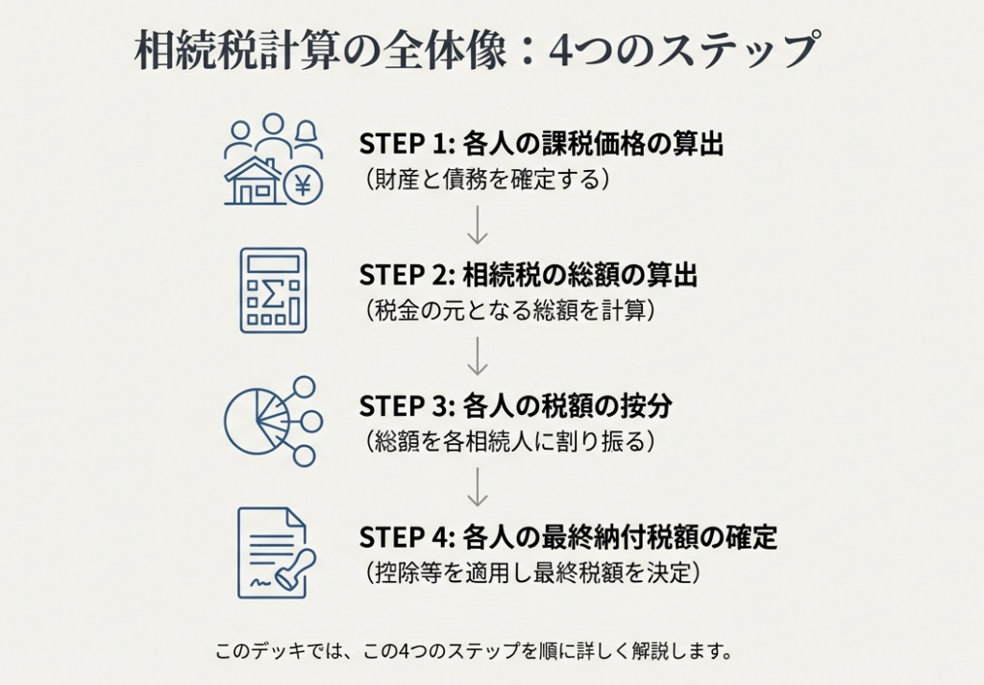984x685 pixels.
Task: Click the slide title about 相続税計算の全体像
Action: coord(478,50)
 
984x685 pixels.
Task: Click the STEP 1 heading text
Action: coord(541,144)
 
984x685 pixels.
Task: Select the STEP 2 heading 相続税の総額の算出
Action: coord(529,276)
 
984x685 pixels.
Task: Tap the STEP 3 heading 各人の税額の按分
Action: coord(515,406)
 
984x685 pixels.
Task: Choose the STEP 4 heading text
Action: coord(568,537)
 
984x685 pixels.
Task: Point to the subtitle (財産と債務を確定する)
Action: coord(487,179)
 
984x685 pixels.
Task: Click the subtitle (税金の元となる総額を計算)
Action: coord(505,310)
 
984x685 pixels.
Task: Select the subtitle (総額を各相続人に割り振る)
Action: coord(510,441)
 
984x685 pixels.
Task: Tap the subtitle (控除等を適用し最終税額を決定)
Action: coord(529,573)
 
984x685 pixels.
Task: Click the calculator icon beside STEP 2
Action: coord(273,290)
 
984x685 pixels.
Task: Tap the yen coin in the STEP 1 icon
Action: coord(303,185)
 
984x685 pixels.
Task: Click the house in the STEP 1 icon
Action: coord(253,182)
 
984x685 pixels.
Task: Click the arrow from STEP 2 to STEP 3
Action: coord(478,355)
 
